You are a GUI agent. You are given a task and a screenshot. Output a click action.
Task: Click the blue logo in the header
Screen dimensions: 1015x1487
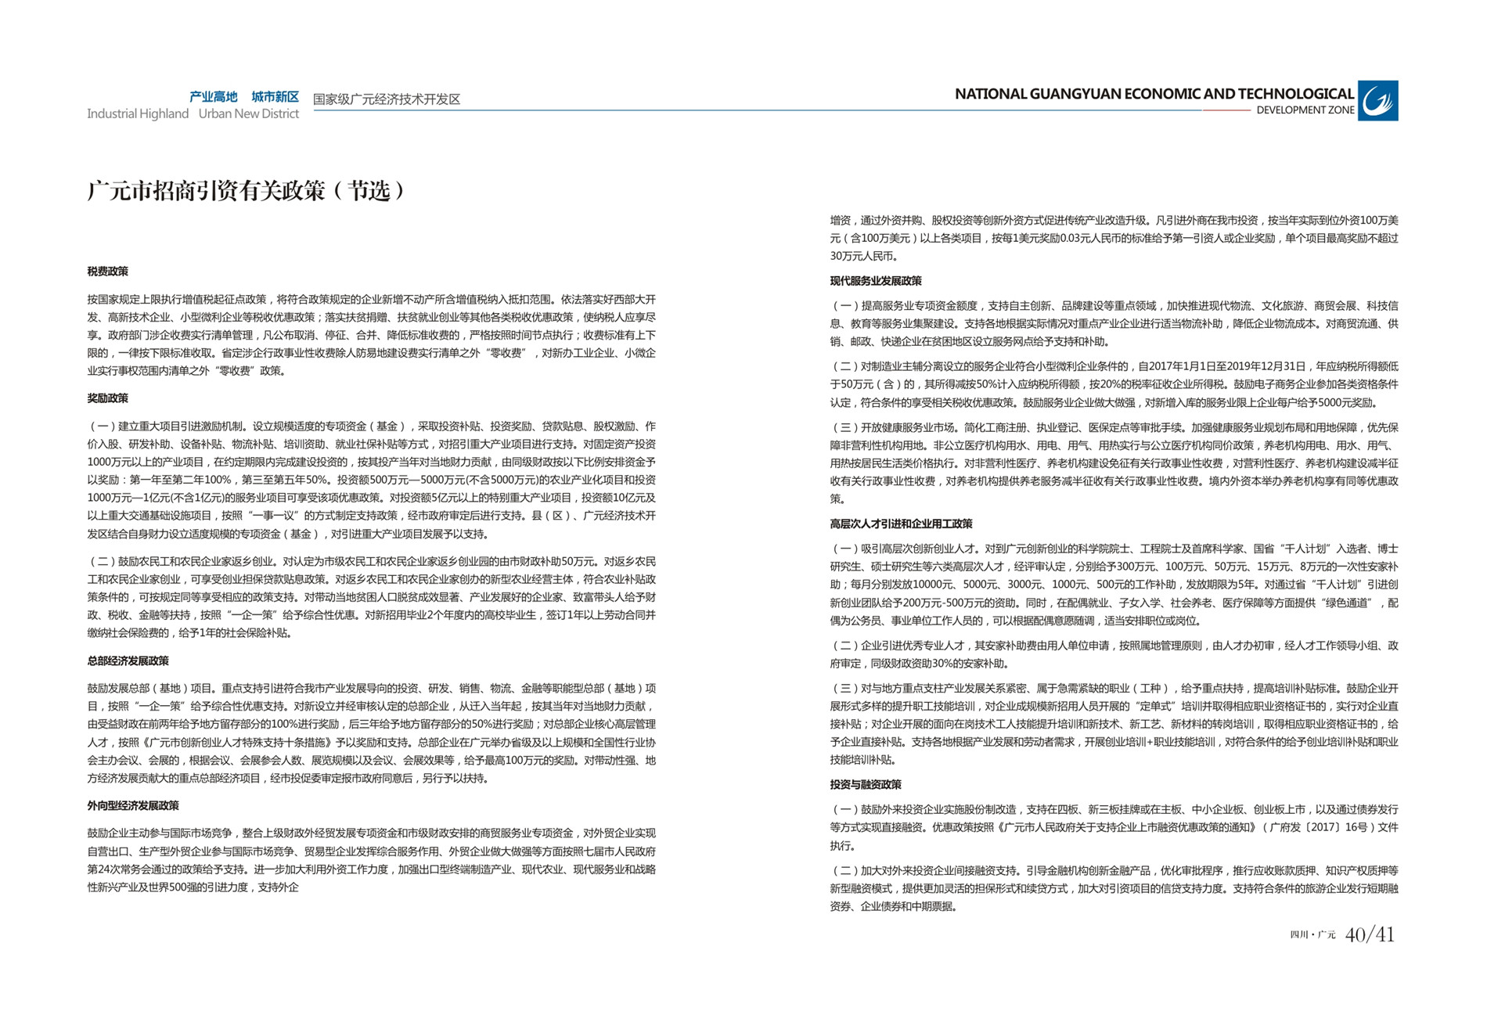[1377, 101]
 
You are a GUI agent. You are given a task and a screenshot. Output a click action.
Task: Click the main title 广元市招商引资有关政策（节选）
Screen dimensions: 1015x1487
[246, 190]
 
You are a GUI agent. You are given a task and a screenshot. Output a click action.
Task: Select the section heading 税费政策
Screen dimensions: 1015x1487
[107, 272]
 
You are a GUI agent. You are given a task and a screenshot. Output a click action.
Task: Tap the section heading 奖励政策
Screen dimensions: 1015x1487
[107, 398]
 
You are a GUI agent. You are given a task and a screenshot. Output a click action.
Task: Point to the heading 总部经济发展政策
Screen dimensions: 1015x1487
[128, 661]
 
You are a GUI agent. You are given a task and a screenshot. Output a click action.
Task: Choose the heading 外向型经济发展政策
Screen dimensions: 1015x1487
[133, 806]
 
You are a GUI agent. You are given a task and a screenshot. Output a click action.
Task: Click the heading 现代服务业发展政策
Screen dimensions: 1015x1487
[875, 281]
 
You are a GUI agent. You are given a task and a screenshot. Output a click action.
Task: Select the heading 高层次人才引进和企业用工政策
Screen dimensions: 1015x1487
[901, 524]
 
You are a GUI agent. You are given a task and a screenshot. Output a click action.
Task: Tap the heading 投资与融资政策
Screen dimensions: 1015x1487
[865, 785]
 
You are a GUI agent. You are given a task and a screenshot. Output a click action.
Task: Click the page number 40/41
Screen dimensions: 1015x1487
[1370, 934]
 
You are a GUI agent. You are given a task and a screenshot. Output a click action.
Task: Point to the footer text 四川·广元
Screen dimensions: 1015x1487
[1312, 935]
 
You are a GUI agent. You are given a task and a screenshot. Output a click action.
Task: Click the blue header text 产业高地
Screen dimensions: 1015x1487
[213, 97]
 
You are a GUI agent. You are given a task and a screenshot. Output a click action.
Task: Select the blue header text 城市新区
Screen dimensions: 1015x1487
[275, 97]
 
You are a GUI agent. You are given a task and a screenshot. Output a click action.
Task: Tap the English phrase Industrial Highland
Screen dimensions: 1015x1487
[138, 114]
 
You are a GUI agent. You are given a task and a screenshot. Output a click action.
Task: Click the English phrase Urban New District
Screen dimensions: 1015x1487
[248, 114]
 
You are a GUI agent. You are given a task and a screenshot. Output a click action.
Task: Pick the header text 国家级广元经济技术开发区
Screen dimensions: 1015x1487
[387, 99]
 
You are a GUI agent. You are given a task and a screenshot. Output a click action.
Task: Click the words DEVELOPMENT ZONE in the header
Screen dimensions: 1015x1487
[1305, 110]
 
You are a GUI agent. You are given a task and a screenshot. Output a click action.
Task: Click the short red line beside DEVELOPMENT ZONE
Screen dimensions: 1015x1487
[1226, 110]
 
